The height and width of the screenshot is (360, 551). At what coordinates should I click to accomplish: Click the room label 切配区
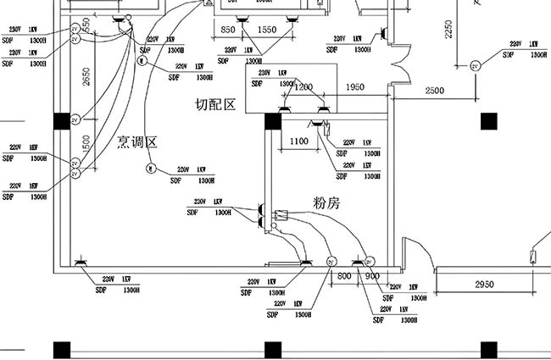tap(214, 104)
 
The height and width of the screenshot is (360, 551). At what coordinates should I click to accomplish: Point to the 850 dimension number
tap(228, 30)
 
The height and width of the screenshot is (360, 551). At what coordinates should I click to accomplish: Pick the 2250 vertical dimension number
tap(449, 30)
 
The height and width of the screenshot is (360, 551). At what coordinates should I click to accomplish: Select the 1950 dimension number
tap(355, 87)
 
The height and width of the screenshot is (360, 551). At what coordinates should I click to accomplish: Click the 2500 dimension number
tap(434, 90)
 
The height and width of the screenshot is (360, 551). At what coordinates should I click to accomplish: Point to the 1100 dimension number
tap(298, 141)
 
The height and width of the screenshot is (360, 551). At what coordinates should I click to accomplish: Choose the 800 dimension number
tap(344, 276)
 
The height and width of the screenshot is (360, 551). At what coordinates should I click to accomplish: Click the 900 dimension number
tap(372, 276)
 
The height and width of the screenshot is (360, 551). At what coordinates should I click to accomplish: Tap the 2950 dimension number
tap(484, 283)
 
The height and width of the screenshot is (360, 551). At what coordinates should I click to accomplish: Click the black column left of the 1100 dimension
tap(273, 121)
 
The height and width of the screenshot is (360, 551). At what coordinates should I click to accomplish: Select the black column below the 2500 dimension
tap(488, 121)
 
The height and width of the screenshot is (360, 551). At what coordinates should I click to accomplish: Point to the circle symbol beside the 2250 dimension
tap(475, 65)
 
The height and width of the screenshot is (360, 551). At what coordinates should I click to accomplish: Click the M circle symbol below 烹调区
tap(150, 168)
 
